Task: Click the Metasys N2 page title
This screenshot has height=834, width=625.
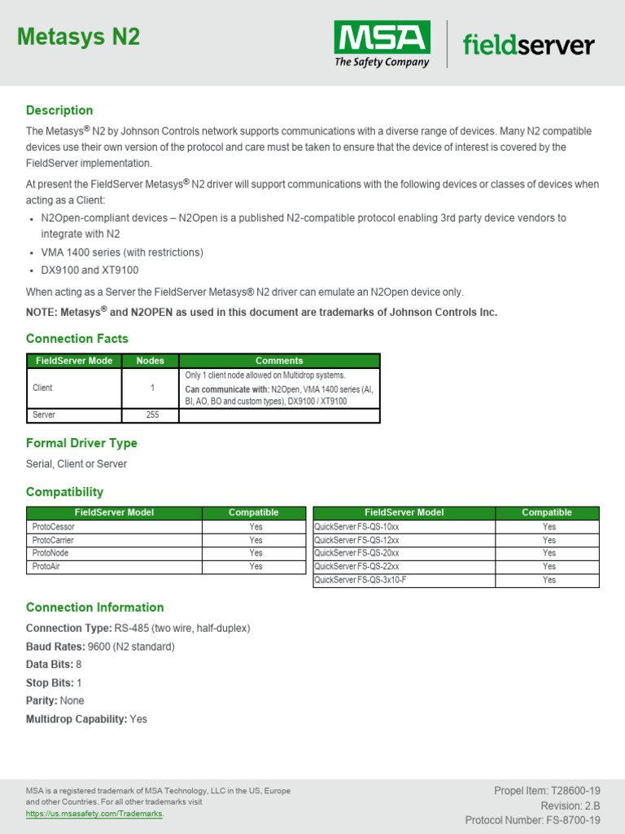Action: coord(78,37)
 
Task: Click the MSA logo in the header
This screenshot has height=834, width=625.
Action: coord(382,44)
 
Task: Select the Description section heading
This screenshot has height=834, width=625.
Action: coord(59,110)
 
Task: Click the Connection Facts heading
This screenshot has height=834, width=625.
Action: coord(76,338)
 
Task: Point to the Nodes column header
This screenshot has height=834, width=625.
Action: coord(150,361)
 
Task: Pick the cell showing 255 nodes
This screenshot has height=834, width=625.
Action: coord(151,415)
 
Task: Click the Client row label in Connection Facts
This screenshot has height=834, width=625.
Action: coord(42,388)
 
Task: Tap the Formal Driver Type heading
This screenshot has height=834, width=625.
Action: coord(81,443)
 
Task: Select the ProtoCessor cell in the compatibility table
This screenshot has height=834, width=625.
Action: coord(54,527)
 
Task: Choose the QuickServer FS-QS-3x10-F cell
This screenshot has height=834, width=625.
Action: coord(360,580)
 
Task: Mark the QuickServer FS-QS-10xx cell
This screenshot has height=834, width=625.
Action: coord(356,527)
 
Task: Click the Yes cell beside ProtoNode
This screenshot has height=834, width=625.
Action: coord(256,553)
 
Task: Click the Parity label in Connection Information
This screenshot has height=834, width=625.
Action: coord(42,700)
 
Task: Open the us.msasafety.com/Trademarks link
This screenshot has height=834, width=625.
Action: coord(94,814)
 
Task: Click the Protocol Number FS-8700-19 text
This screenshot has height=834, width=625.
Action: coord(532,820)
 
